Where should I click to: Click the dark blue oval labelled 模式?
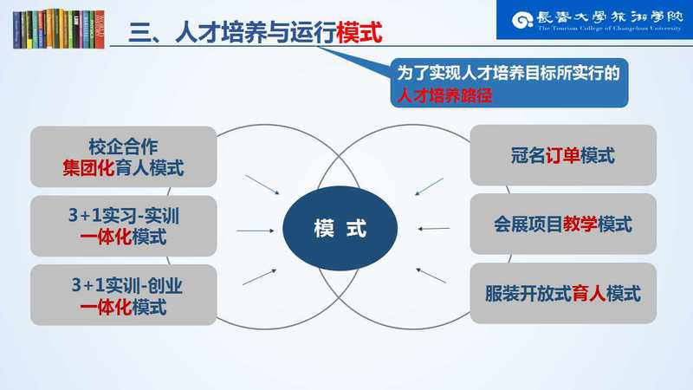[x=340, y=228]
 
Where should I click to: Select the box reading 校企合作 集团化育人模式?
[x=123, y=157]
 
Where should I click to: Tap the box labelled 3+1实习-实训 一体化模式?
[x=123, y=226]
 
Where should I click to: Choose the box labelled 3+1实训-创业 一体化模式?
[x=123, y=295]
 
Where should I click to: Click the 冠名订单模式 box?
[x=563, y=155]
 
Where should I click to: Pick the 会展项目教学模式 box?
[x=563, y=224]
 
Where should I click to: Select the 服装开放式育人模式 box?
[x=563, y=293]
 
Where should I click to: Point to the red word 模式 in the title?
[x=359, y=32]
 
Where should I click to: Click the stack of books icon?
[x=59, y=29]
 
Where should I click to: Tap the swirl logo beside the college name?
[x=522, y=20]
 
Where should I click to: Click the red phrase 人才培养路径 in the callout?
[x=444, y=95]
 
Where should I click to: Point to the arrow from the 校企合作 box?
[x=262, y=185]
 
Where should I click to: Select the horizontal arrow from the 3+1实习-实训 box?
[x=256, y=231]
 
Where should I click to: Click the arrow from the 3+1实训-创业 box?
[x=259, y=276]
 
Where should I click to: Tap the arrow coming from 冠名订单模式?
[x=429, y=186]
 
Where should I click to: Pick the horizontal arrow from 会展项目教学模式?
[x=434, y=229]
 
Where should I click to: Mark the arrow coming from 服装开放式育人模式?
[x=431, y=276]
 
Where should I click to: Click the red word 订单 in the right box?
[x=562, y=156]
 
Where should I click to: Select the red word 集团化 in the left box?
[x=88, y=168]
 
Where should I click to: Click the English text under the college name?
[x=610, y=29]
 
